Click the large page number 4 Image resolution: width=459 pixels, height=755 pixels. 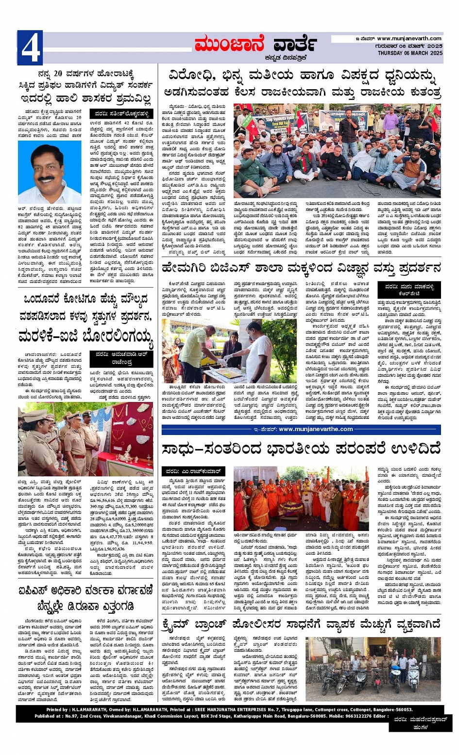pyautogui.click(x=30, y=48)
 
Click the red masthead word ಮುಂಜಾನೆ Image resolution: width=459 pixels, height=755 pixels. pyautogui.click(x=230, y=46)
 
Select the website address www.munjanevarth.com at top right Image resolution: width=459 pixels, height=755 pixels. pyautogui.click(x=409, y=39)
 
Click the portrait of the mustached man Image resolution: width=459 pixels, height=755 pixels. pyautogui.click(x=49, y=175)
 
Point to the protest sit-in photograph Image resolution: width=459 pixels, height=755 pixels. pyautogui.click(x=337, y=151)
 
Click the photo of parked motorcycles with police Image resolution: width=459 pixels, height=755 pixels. pyautogui.click(x=373, y=669)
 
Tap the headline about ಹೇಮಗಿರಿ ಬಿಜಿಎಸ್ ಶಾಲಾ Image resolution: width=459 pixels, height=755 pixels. pyautogui.click(x=301, y=268)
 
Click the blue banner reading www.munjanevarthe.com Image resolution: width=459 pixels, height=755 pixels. pyautogui.click(x=301, y=429)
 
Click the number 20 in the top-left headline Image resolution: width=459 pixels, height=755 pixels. pyautogui.click(x=58, y=74)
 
